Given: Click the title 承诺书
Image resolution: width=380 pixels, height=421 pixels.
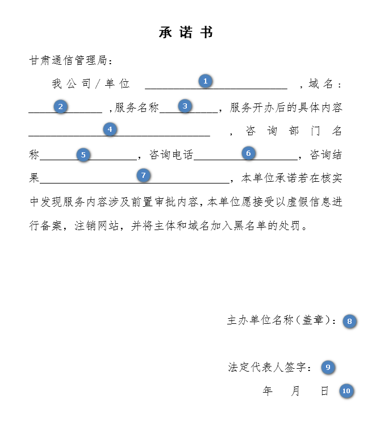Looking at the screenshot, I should pyautogui.click(x=186, y=33).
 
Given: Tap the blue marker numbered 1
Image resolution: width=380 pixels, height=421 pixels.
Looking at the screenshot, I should pyautogui.click(x=205, y=81).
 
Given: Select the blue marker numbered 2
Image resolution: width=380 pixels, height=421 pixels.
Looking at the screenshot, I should pyautogui.click(x=60, y=106).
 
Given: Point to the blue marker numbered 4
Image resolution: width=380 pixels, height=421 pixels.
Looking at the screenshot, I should pyautogui.click(x=110, y=129).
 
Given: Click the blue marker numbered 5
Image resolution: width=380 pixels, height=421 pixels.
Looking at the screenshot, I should pyautogui.click(x=83, y=155).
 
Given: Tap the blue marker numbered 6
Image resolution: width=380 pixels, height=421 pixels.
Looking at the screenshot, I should pyautogui.click(x=248, y=153).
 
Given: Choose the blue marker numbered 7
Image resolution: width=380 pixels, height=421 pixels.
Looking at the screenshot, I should pyautogui.click(x=143, y=176).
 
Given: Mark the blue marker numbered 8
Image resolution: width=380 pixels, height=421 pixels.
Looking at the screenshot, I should pyautogui.click(x=349, y=322).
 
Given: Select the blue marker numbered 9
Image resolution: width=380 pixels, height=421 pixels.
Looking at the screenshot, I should pyautogui.click(x=328, y=368).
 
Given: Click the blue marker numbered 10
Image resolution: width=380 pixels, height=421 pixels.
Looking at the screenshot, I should pyautogui.click(x=346, y=391).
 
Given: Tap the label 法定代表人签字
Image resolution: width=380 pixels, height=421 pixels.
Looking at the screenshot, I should pyautogui.click(x=270, y=368).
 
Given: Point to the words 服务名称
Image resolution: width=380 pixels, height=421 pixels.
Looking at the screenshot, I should pyautogui.click(x=137, y=108).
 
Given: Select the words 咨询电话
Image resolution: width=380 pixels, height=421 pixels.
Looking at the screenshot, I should pyautogui.click(x=171, y=155).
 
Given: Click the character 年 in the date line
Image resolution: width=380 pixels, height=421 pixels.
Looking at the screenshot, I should pyautogui.click(x=268, y=391).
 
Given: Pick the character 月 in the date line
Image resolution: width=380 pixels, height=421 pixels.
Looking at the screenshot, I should pyautogui.click(x=296, y=391).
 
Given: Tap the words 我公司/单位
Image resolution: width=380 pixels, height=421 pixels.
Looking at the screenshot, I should pyautogui.click(x=91, y=84).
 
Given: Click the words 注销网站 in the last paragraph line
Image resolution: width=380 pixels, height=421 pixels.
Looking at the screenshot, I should pyautogui.click(x=97, y=226).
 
